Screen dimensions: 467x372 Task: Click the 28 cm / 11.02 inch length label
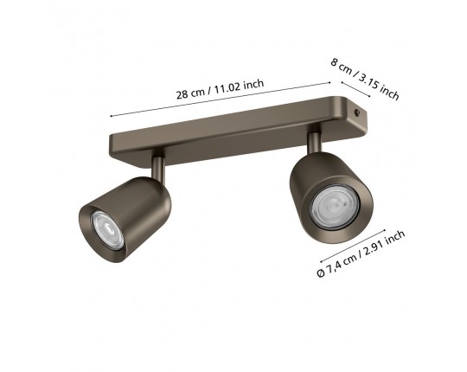221,89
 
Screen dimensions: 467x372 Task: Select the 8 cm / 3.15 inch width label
365,79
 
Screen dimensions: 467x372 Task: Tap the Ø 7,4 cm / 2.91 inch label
361,253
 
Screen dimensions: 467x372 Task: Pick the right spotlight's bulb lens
335,208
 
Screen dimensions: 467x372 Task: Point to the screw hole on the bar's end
356,112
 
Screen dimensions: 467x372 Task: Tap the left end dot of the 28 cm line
111,116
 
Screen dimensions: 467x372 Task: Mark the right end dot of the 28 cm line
329,82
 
